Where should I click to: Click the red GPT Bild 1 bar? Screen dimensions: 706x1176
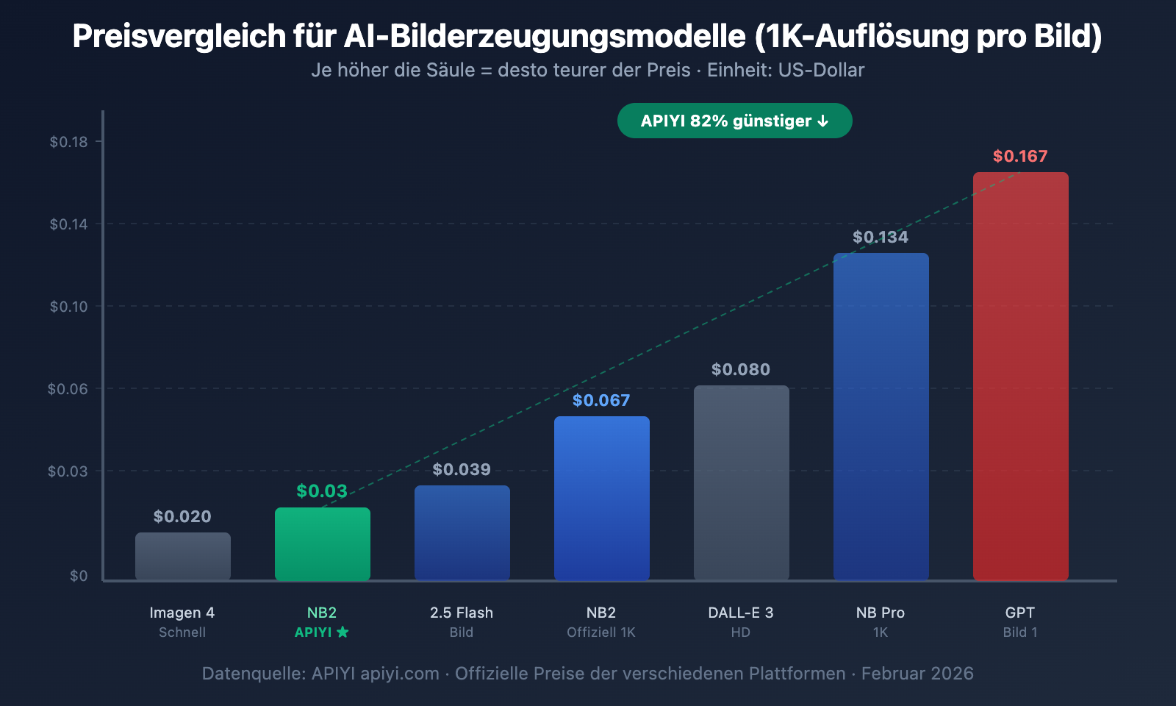coord(1020,375)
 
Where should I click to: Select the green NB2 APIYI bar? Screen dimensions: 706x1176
coord(322,543)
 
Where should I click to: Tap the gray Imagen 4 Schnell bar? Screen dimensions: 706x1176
coord(182,556)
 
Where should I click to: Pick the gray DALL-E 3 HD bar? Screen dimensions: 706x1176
coord(741,482)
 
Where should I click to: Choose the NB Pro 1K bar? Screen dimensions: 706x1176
coord(881,416)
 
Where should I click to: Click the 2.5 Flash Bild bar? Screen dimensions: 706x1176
coord(462,532)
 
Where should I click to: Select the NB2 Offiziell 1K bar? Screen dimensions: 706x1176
coord(601,498)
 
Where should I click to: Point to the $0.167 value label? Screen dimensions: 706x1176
coord(1020,156)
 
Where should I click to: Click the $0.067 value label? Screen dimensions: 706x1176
coord(601,400)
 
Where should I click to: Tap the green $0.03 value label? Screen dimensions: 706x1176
coord(322,491)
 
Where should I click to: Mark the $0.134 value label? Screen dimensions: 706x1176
coord(881,237)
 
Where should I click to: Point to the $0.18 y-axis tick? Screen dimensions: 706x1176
coord(68,142)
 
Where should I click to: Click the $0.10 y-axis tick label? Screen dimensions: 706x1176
coord(68,307)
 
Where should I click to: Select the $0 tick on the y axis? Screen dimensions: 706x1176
coord(79,576)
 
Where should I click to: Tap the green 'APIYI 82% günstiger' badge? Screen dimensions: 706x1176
coord(734,121)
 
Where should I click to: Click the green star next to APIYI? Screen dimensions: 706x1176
coord(343,632)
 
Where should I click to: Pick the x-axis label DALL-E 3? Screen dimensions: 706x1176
coord(741,613)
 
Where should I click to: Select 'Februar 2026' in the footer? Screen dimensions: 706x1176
coord(917,674)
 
